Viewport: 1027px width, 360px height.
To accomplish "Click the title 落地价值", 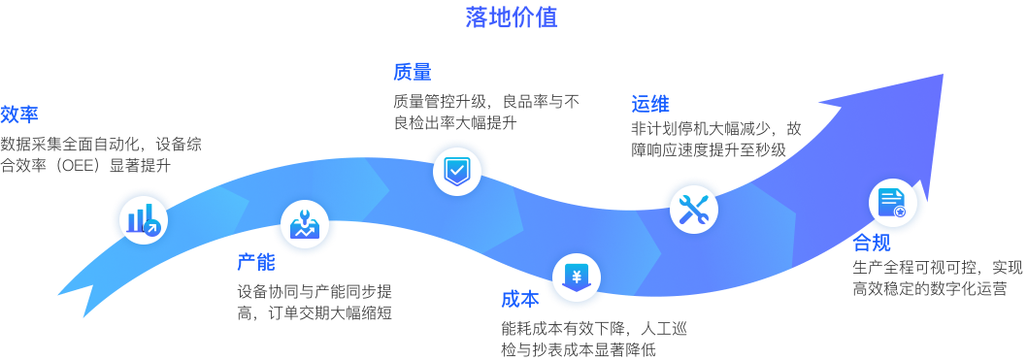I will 512,16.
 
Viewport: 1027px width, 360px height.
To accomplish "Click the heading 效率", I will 19,115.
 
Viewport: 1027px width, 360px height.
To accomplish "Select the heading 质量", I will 412,72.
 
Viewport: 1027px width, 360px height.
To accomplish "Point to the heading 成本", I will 519,299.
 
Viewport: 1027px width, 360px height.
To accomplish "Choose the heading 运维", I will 649,104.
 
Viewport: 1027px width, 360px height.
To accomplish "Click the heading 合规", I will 872,243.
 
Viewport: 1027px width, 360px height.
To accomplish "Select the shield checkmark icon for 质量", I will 455,171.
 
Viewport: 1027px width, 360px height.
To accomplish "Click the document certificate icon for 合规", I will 892,202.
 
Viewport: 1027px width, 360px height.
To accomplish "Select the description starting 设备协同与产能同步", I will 315,302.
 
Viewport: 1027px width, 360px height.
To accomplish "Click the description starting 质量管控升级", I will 485,112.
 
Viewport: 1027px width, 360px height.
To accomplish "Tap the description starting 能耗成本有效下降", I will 593,339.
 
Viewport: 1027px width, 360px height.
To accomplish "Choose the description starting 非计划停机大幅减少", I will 716,139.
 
